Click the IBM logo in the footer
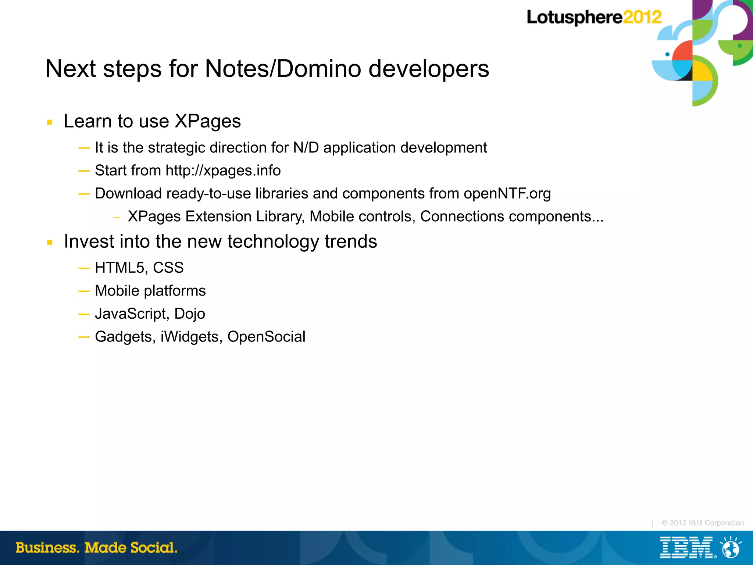coord(686,547)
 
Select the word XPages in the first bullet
coord(207,121)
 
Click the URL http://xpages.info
coord(223,171)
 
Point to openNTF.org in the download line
coord(507,193)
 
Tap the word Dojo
coord(189,314)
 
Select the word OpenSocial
coord(266,337)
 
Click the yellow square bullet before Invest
coord(50,243)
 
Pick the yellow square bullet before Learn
coord(50,122)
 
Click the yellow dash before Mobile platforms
coord(84,292)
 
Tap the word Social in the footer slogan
coord(154,548)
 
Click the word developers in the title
coord(429,69)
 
